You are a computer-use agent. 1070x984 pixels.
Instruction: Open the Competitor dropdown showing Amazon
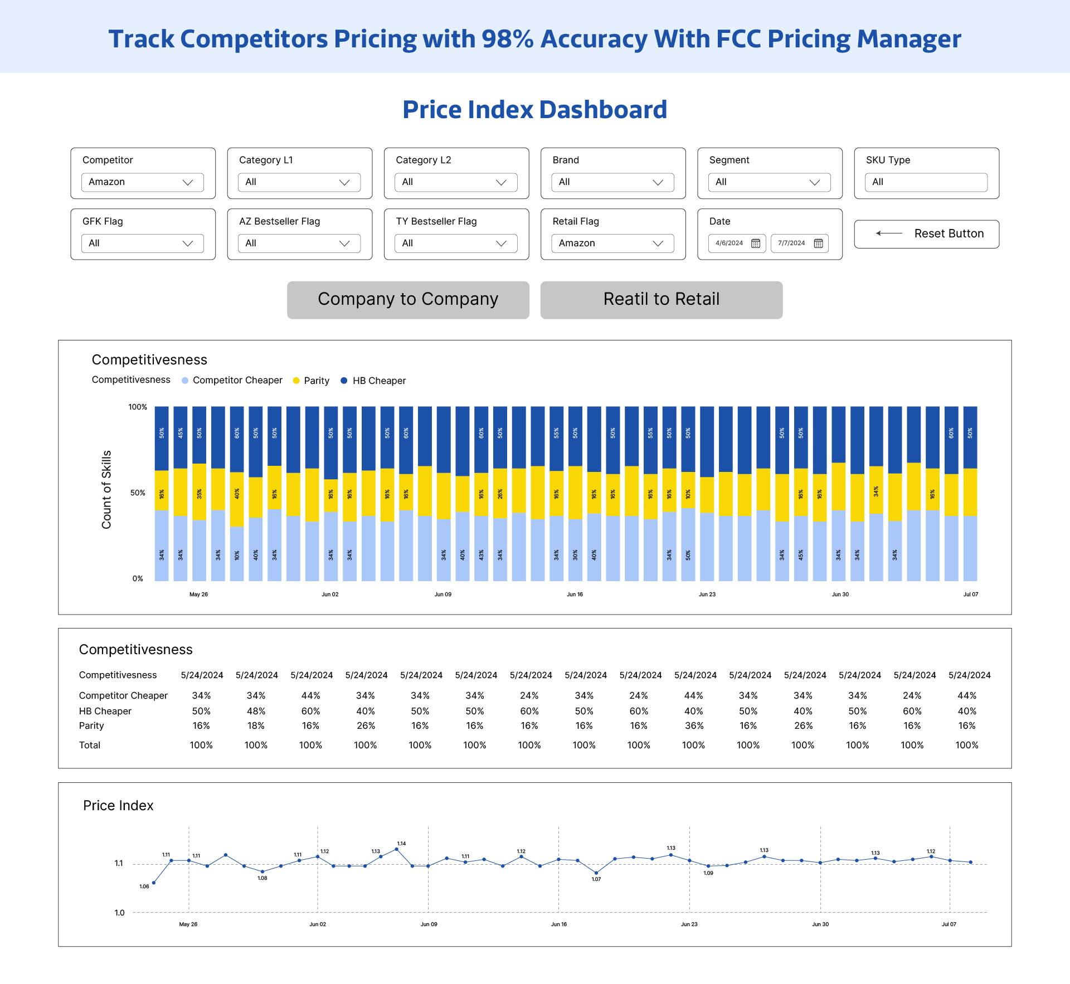[x=142, y=182]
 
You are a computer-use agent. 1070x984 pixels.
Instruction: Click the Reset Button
[x=926, y=233]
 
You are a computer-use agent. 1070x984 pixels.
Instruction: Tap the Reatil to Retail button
[x=661, y=300]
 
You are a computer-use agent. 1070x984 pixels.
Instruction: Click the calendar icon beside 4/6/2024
[x=756, y=243]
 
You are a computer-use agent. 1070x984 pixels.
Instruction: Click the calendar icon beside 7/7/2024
[x=818, y=243]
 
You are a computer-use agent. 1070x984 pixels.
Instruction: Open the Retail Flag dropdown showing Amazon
[x=612, y=243]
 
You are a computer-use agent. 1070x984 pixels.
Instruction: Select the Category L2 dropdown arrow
[x=501, y=182]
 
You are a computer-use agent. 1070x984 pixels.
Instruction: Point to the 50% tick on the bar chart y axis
[x=138, y=493]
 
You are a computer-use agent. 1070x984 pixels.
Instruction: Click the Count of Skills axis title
[x=106, y=489]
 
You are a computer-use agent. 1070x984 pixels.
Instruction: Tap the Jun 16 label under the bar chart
[x=575, y=595]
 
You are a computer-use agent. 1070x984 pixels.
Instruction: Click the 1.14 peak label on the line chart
[x=401, y=844]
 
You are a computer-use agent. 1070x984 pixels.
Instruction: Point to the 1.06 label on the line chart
[x=144, y=886]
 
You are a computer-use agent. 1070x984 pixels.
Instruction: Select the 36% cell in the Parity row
[x=694, y=726]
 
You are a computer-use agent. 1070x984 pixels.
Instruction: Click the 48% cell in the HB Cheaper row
[x=256, y=712]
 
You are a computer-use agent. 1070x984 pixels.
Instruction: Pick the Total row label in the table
[x=90, y=746]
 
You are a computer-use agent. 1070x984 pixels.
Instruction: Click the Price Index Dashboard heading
[x=534, y=110]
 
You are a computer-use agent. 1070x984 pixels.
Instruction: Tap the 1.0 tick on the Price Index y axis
[x=119, y=913]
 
